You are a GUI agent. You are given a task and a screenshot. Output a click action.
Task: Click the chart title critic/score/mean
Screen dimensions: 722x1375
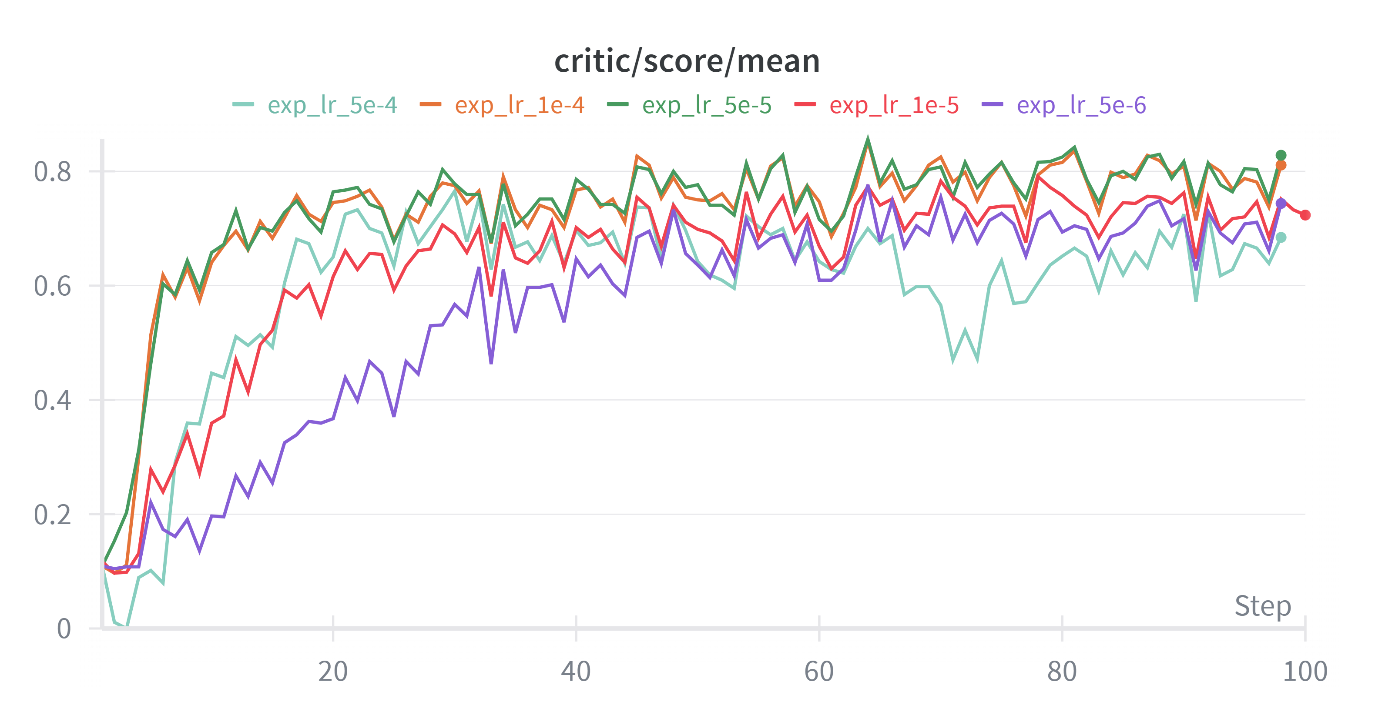click(x=687, y=61)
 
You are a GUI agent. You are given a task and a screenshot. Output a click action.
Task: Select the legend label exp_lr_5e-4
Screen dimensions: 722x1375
click(x=332, y=105)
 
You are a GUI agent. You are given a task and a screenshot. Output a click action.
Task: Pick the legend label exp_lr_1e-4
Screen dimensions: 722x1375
click(x=520, y=105)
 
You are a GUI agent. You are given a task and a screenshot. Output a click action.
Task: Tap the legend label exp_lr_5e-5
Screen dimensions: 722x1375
click(x=707, y=105)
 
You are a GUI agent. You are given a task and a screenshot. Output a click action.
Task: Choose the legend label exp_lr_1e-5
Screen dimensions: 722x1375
click(x=894, y=105)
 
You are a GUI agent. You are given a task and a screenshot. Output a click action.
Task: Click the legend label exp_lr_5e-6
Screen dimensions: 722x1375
click(x=1081, y=105)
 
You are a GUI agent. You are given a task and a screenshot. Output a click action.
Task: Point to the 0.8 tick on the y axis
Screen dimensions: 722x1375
click(x=52, y=172)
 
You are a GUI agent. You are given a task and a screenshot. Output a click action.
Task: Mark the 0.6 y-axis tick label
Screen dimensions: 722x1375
click(x=52, y=286)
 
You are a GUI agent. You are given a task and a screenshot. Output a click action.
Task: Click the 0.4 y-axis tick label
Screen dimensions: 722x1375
click(x=52, y=400)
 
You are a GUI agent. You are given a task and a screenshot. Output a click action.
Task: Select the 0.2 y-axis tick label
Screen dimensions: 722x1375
click(x=52, y=515)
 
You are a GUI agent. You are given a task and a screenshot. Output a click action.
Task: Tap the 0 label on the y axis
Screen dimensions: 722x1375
click(x=64, y=628)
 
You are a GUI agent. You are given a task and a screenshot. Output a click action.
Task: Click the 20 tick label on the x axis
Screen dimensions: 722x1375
click(x=332, y=671)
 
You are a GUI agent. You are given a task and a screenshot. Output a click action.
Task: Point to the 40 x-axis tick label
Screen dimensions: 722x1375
click(x=576, y=671)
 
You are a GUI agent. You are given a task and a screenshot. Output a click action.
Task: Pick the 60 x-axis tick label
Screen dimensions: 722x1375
click(x=819, y=671)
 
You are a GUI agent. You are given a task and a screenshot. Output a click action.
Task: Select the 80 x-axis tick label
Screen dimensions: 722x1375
click(x=1062, y=671)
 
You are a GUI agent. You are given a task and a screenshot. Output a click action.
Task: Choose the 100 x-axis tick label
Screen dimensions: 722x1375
click(x=1305, y=671)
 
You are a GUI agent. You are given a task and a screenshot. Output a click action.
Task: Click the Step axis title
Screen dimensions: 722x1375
click(x=1262, y=606)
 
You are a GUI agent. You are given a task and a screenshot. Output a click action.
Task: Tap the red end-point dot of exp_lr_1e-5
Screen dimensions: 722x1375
click(x=1305, y=215)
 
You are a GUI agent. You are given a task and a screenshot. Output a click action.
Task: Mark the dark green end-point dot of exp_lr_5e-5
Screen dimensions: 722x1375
click(x=1281, y=155)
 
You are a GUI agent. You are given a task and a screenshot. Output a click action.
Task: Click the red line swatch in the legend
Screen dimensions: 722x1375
click(x=805, y=104)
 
